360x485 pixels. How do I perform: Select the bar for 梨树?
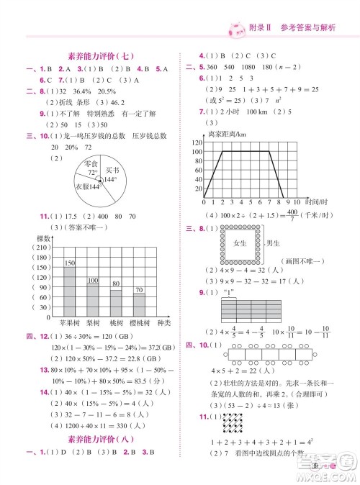pos(93,300)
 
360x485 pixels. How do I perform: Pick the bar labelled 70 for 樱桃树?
pos(139,305)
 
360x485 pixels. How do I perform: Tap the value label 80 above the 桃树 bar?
pos(116,284)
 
